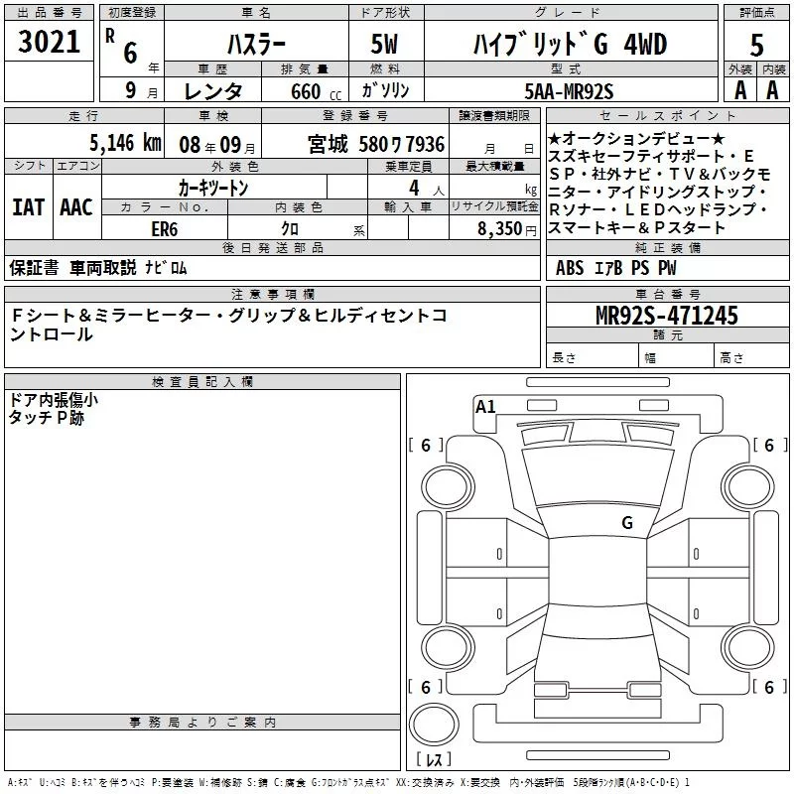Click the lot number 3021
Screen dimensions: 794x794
[50, 44]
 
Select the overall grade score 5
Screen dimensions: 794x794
[757, 46]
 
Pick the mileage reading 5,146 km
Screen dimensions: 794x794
[124, 143]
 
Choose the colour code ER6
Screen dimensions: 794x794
[164, 228]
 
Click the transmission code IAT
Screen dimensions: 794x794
[28, 207]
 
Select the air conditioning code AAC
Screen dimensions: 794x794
[76, 207]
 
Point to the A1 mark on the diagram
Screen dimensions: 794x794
[485, 406]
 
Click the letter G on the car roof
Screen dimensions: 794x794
[626, 522]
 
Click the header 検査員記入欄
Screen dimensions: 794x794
[202, 382]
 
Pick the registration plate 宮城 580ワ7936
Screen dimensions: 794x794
[376, 144]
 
